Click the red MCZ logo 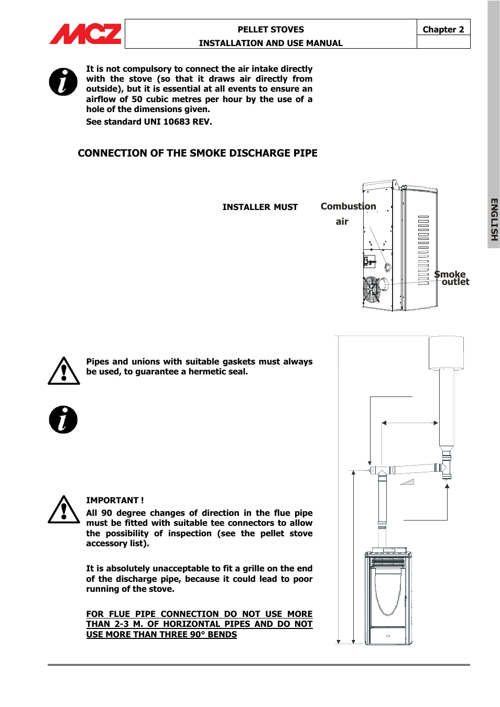click(x=85, y=34)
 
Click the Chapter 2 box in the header click(x=443, y=29)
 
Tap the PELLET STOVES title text click(x=270, y=29)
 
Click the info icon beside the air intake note click(x=63, y=82)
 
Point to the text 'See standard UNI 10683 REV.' click(x=149, y=121)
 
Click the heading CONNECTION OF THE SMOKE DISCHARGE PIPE click(x=198, y=153)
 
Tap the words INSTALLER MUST click(x=260, y=207)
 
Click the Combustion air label click(x=348, y=213)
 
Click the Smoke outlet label click(x=451, y=278)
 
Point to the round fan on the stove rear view click(x=372, y=289)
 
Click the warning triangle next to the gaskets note click(x=63, y=371)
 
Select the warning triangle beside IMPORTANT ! click(x=63, y=510)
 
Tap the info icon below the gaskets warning click(x=63, y=419)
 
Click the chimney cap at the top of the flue click(x=446, y=353)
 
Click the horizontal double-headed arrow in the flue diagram click(x=410, y=423)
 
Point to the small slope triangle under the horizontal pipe click(x=408, y=482)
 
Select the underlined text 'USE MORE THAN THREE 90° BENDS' click(x=161, y=634)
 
